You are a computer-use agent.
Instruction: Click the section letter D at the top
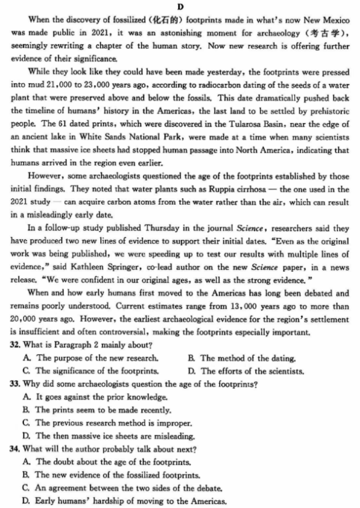(179, 7)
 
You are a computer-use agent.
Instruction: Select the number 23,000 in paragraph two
(86, 84)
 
